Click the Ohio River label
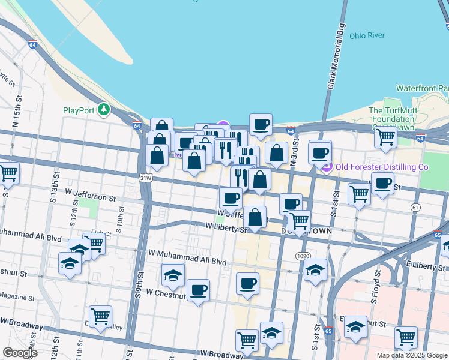click(367, 35)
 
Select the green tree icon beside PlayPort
click(104, 110)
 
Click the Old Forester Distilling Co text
click(381, 167)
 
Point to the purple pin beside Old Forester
click(327, 167)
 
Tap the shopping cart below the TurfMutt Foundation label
click(385, 137)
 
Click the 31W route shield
click(145, 178)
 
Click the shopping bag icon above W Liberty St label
click(255, 217)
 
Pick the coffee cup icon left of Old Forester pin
click(320, 152)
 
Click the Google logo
click(20, 353)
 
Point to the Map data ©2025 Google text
click(411, 355)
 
